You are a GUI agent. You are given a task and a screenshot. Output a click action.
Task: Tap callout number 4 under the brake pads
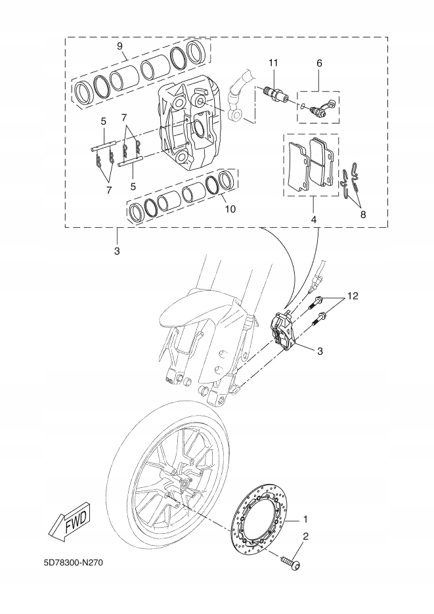click(314, 219)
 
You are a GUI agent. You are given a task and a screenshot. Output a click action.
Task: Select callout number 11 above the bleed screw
click(273, 62)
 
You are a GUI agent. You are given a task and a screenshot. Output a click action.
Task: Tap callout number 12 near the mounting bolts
click(353, 297)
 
